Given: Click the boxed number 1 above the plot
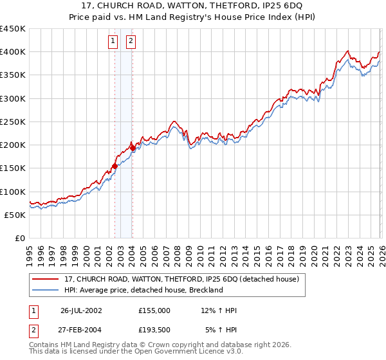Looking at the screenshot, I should tap(113, 42).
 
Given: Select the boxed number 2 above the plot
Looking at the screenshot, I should tap(131, 42).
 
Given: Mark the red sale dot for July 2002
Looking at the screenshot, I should tap(115, 166).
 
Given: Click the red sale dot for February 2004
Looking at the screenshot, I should tap(133, 148).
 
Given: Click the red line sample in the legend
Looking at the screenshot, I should tap(46, 280).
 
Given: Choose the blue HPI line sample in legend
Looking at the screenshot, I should tap(46, 290).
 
